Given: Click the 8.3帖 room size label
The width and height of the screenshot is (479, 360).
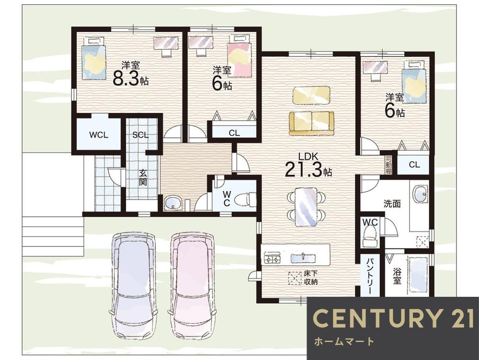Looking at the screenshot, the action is [x=130, y=78].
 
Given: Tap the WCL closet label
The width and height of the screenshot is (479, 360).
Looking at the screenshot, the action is [x=98, y=135].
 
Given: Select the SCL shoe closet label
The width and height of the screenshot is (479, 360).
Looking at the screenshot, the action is [x=140, y=135].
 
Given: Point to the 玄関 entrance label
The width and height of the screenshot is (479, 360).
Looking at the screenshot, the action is [x=143, y=178].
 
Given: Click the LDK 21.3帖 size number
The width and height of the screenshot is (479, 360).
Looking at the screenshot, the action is [x=308, y=169].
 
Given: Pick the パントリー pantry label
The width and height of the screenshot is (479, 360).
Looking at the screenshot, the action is [x=370, y=276].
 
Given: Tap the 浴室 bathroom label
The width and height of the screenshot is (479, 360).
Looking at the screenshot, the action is [x=397, y=276].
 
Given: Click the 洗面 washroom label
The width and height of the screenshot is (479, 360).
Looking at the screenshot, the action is [x=392, y=203].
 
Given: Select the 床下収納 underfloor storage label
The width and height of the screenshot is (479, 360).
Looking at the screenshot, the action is [x=311, y=278].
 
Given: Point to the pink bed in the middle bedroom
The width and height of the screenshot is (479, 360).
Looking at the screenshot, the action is [x=239, y=60].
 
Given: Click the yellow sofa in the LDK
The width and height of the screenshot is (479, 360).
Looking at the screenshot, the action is [x=311, y=124].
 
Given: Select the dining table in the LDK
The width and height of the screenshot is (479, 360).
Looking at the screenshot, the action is [x=306, y=207].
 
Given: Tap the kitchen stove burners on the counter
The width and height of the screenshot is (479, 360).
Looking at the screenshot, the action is [x=272, y=258].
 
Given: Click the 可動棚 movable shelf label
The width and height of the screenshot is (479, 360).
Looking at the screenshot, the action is [x=388, y=165].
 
